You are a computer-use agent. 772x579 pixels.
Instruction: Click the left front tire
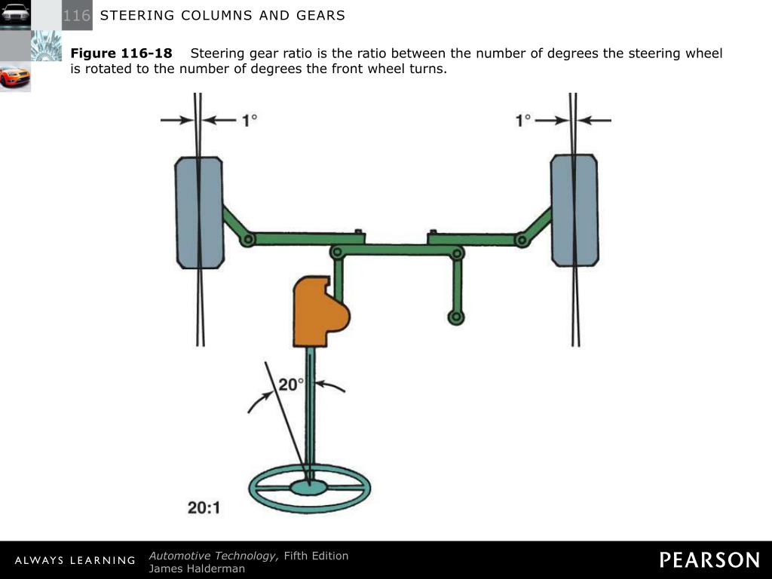point(199,212)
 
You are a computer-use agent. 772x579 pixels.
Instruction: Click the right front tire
point(574,210)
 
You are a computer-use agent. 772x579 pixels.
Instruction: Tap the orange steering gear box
point(317,311)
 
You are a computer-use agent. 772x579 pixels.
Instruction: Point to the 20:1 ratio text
point(204,508)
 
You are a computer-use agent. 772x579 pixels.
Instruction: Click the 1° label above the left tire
point(250,120)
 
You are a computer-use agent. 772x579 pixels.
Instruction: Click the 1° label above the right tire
point(523,120)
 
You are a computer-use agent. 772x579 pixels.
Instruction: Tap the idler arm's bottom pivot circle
point(456,317)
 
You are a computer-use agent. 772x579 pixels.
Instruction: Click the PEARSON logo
point(709,560)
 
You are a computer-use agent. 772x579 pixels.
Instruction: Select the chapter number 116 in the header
point(77,15)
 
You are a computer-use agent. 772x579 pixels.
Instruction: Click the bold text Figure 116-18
point(121,54)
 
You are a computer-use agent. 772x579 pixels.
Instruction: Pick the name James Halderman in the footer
point(197,568)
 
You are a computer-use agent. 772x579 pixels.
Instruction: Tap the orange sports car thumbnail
point(15,77)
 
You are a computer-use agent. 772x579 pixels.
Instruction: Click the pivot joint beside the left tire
point(248,239)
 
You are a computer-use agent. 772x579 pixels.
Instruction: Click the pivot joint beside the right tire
point(521,240)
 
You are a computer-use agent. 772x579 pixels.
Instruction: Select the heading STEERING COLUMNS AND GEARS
point(222,15)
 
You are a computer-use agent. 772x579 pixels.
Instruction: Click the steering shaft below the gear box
point(310,407)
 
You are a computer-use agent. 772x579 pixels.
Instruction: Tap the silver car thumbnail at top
point(15,14)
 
